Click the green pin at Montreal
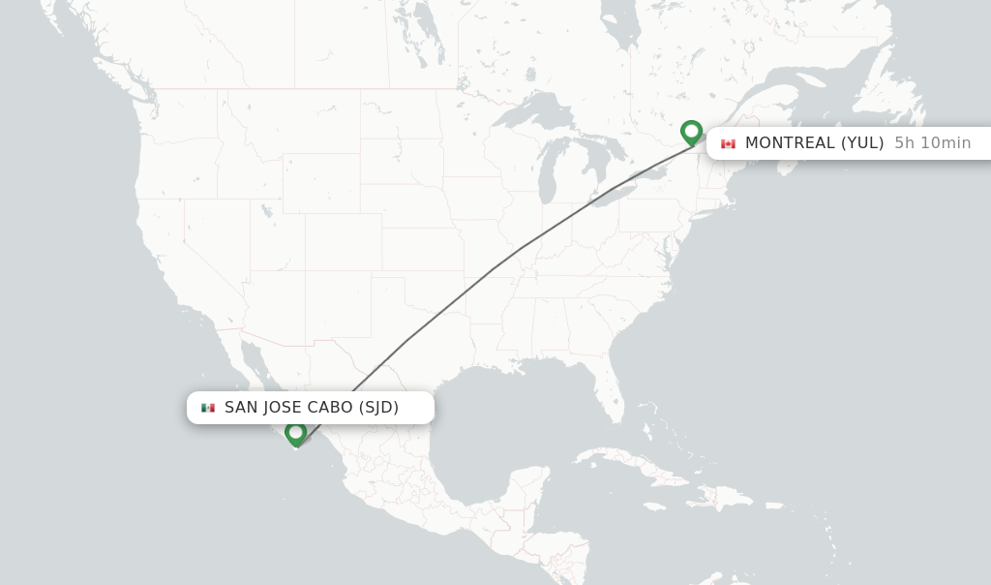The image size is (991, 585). point(691,132)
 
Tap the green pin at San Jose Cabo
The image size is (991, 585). point(296,433)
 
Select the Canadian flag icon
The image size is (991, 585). point(728,143)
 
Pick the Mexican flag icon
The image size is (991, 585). point(208,408)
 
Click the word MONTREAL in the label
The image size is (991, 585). point(789,143)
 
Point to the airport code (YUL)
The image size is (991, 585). point(861,143)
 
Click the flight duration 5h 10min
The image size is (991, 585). point(932,143)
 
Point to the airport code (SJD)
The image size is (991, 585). point(378,408)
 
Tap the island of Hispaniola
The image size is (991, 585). point(716,497)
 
